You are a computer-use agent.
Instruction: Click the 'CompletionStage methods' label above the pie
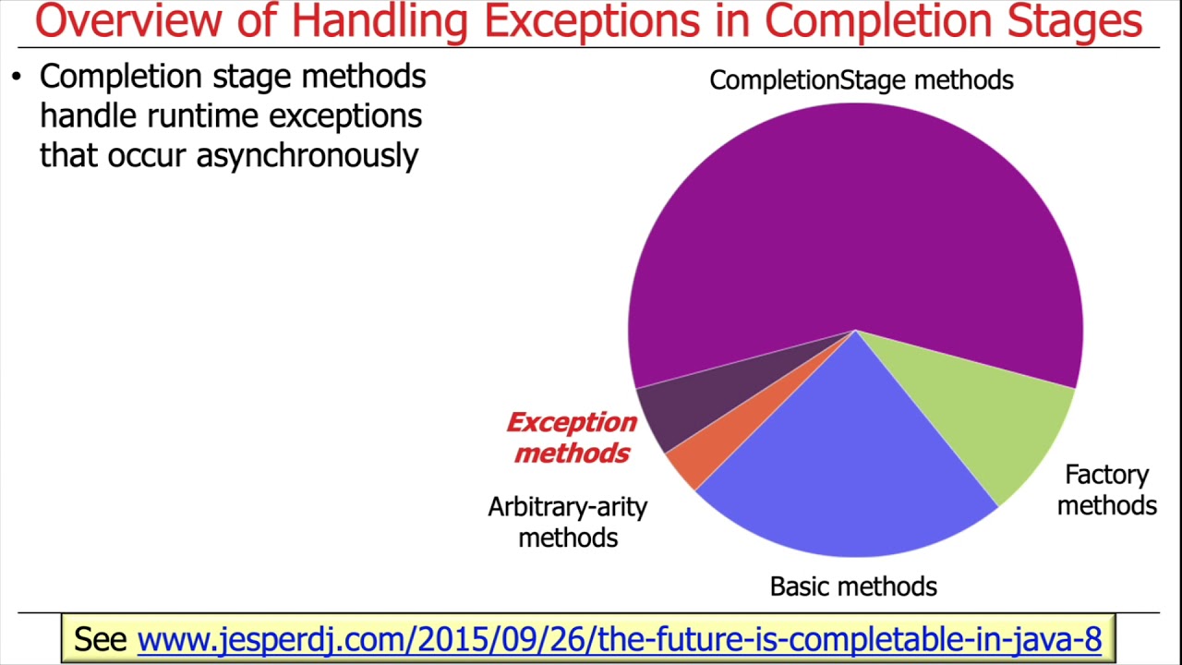861,80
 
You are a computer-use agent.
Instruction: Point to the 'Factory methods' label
1106,490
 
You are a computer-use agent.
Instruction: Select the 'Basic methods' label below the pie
853,586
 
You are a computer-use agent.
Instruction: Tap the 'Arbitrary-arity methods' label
567,522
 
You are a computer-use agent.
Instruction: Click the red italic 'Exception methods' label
572,438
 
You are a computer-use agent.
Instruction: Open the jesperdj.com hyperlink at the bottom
619,638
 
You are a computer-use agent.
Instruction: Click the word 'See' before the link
100,638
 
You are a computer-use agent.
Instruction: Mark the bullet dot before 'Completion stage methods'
17,77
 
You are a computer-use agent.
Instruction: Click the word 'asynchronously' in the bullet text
307,155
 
